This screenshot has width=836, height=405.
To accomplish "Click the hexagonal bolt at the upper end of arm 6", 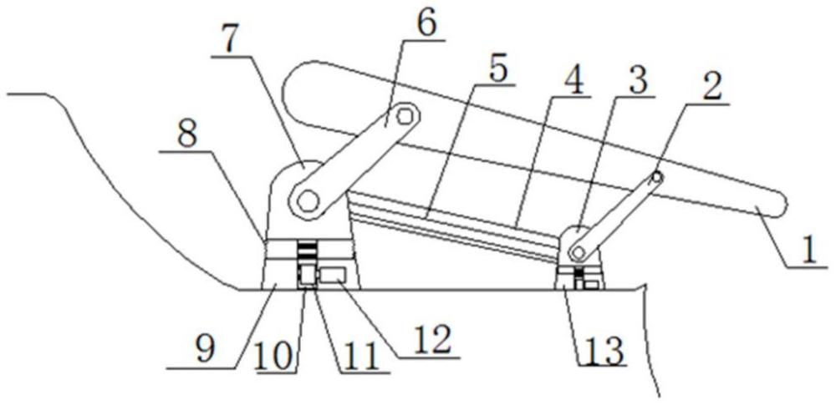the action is click(405, 115).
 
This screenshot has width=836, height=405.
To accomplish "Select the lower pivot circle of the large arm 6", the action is click(308, 201).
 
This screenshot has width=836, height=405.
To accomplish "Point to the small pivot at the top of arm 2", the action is click(657, 177).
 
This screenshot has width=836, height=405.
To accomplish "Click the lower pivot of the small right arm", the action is click(576, 251).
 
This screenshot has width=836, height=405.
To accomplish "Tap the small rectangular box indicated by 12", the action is click(332, 276).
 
